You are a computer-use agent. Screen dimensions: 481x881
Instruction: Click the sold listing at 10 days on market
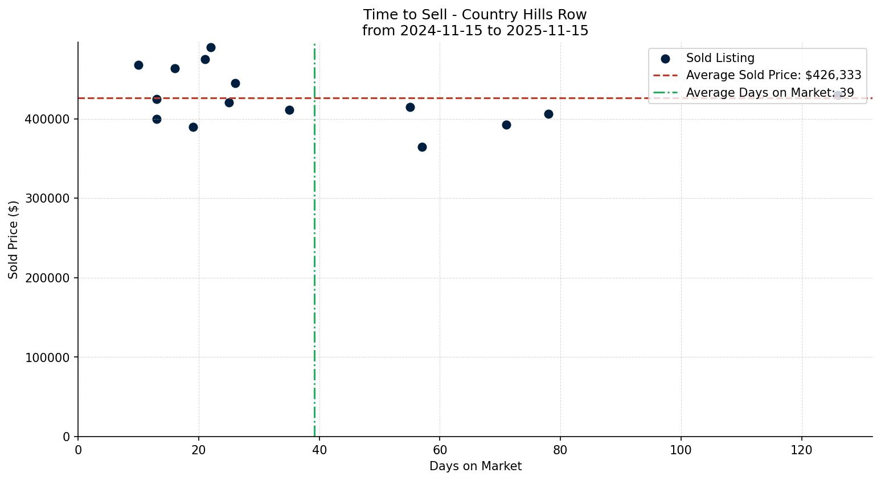(138, 65)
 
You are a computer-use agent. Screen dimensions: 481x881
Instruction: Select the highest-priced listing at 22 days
(211, 48)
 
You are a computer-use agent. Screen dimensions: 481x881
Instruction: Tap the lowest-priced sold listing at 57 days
(422, 147)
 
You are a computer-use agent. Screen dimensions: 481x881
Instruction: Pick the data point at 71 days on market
(506, 125)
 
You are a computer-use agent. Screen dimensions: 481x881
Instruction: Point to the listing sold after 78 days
(548, 114)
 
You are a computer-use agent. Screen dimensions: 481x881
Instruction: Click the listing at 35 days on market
(289, 110)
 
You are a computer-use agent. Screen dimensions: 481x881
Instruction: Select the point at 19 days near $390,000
(193, 128)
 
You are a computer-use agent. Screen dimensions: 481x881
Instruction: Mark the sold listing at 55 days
(410, 108)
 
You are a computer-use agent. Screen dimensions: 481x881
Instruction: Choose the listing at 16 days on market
(175, 69)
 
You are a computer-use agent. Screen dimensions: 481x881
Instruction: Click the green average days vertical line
(314, 285)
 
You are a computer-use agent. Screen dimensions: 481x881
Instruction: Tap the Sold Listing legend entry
(720, 58)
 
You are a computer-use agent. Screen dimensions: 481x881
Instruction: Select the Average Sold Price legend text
(773, 75)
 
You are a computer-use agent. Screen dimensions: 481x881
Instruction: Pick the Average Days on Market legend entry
(769, 93)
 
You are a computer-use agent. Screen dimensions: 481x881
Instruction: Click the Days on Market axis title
(475, 467)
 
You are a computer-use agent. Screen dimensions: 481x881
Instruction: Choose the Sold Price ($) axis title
(13, 240)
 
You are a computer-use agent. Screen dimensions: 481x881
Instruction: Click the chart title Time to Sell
(475, 15)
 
